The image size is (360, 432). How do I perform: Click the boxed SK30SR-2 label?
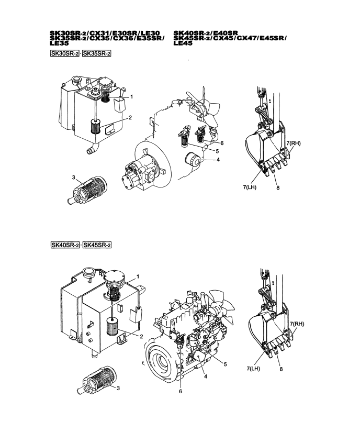click(x=65, y=53)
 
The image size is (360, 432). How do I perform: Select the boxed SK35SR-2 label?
click(x=96, y=53)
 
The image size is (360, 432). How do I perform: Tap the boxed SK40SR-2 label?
click(x=65, y=245)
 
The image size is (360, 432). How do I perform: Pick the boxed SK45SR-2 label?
click(x=97, y=245)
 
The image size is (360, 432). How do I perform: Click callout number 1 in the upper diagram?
click(x=131, y=97)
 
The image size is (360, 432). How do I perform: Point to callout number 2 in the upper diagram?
click(x=130, y=118)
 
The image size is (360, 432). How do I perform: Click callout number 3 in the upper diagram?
click(x=73, y=178)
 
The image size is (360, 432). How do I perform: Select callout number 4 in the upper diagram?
click(x=218, y=160)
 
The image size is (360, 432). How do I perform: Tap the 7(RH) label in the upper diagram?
click(x=294, y=143)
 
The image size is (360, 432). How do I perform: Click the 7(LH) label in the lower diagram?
click(x=253, y=368)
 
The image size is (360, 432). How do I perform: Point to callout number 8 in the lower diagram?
click(x=281, y=369)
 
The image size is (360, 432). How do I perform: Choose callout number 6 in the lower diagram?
click(x=181, y=391)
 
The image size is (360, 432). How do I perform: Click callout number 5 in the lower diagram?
click(x=225, y=364)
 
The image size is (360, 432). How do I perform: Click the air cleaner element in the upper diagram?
click(x=87, y=190)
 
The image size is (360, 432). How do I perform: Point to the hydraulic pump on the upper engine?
click(x=140, y=171)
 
